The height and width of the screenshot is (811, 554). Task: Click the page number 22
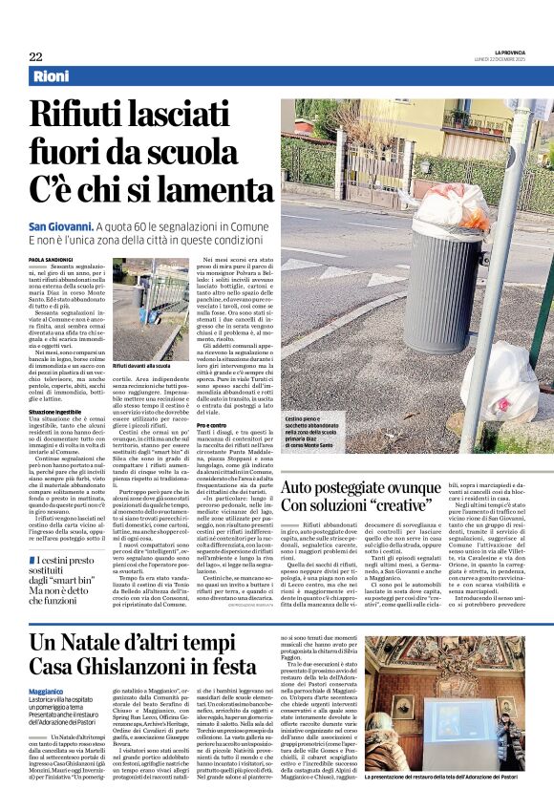click(x=35, y=56)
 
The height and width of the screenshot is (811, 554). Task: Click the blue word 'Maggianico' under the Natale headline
click(x=47, y=691)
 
